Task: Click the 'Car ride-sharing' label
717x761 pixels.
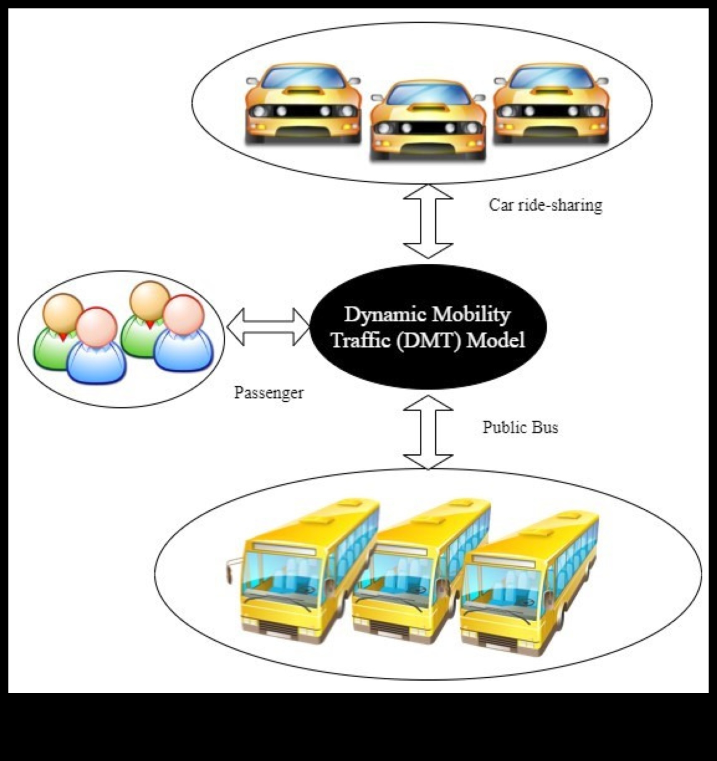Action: pos(545,205)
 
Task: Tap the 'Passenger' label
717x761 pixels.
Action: pos(268,392)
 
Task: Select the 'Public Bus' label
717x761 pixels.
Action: pos(520,427)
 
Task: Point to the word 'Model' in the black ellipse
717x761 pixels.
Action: pos(496,340)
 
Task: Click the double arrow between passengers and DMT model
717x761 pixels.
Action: pos(267,327)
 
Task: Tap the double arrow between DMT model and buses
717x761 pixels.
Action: pos(428,432)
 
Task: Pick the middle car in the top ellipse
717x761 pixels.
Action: pos(427,120)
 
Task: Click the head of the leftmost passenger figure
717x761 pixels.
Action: pos(63,311)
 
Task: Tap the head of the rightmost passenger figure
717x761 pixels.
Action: pos(183,315)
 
